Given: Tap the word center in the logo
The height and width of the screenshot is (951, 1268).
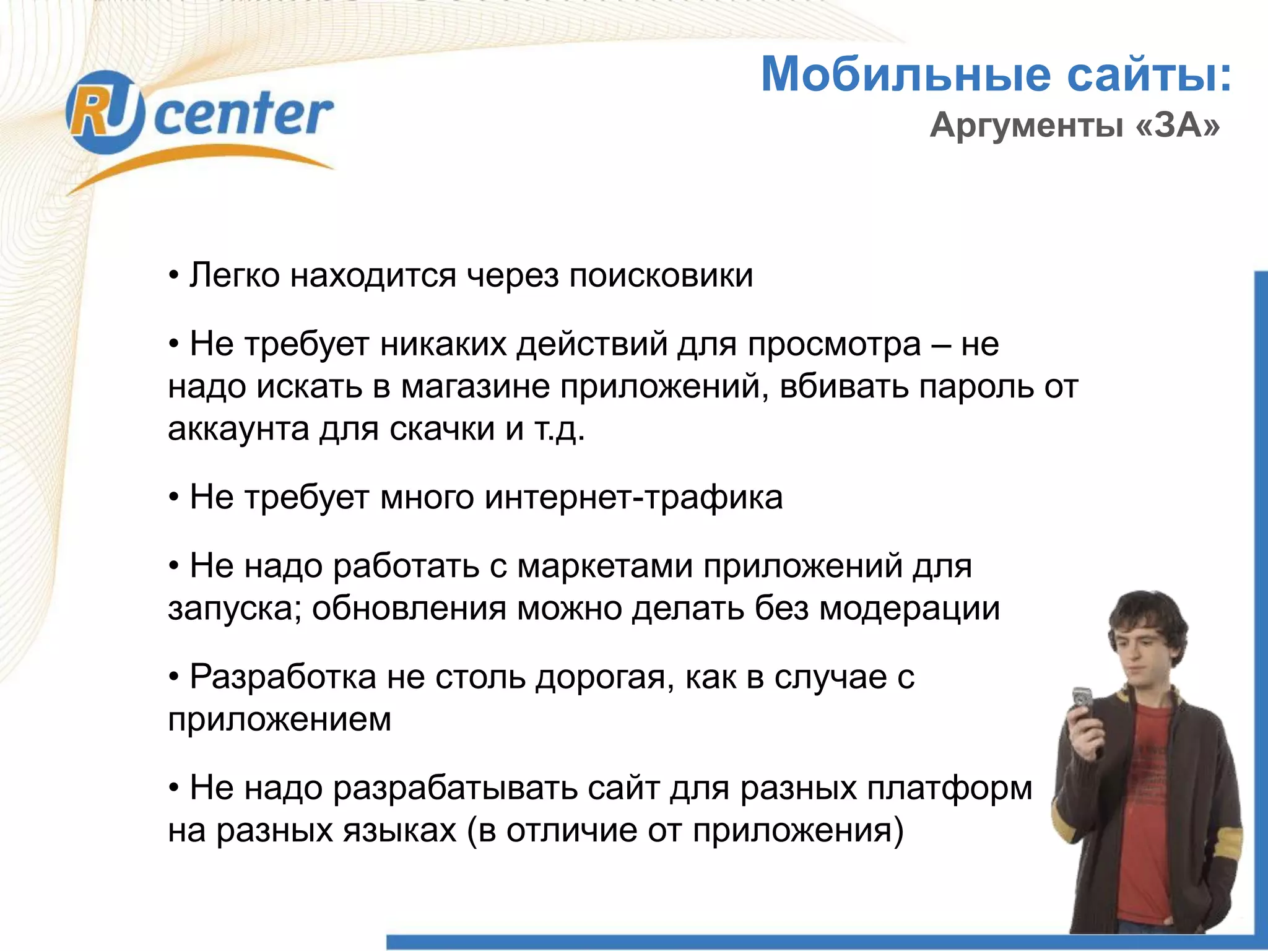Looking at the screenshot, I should click(243, 116).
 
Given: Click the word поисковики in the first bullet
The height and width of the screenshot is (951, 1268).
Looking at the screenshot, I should click(661, 276).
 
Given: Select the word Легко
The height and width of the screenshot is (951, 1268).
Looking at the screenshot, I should click(235, 276).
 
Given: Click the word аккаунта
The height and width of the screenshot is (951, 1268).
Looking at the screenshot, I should click(238, 429).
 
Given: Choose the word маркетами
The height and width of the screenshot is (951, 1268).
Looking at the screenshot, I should click(605, 566).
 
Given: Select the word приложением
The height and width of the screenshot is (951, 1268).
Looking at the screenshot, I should click(279, 720).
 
